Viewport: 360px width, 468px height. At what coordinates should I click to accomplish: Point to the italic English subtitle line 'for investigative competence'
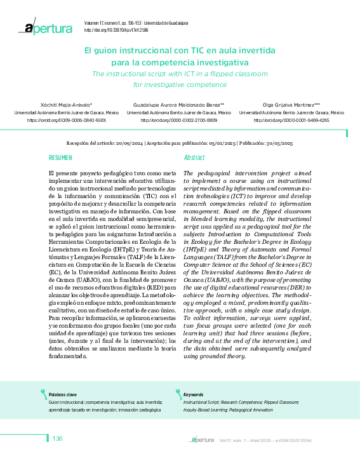(180, 84)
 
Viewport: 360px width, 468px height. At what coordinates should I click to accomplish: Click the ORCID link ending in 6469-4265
(291, 119)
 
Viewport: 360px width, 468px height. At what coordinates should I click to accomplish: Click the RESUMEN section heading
(61, 157)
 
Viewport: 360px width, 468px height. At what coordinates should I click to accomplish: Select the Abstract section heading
(194, 157)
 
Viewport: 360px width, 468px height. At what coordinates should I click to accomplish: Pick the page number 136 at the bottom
(57, 439)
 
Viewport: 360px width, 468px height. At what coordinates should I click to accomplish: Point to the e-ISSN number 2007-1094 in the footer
(300, 440)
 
